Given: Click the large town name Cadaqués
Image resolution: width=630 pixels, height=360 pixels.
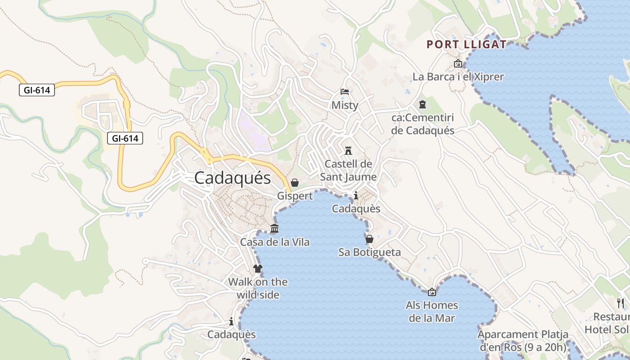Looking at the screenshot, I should [233, 178].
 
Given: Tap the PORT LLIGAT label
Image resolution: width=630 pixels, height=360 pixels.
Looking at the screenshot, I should [467, 45].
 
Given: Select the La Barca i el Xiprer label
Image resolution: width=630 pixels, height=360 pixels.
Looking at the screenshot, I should [458, 76].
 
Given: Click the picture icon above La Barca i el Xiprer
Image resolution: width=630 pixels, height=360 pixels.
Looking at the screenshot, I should [458, 64].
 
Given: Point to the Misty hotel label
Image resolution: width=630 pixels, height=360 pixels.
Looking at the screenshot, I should [345, 105].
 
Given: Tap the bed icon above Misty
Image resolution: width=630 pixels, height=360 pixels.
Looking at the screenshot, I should [345, 92].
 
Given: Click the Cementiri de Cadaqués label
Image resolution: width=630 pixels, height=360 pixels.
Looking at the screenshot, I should [423, 124].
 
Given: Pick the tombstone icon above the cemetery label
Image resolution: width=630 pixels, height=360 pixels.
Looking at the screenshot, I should [422, 105].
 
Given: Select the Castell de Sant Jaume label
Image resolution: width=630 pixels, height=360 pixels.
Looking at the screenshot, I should [348, 170].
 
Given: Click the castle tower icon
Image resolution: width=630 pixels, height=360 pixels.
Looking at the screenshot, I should [348, 150].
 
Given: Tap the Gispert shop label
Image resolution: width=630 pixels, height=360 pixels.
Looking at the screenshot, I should [295, 196].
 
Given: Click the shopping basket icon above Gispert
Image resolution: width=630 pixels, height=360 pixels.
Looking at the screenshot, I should [295, 183].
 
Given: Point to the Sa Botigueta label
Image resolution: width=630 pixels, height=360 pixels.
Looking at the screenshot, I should [369, 252].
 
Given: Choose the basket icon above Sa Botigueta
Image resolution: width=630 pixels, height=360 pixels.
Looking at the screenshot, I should [369, 239].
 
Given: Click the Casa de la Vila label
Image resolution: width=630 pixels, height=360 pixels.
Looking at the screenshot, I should [274, 242].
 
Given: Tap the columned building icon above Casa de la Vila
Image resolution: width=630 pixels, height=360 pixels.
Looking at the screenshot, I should [274, 229].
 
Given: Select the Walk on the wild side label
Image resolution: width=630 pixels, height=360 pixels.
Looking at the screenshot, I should [258, 288].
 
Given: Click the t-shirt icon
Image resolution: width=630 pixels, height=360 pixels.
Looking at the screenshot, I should [258, 269].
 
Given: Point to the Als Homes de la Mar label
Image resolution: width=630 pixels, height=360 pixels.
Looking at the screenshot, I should [432, 311].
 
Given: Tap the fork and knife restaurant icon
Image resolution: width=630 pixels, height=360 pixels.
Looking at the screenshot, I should [621, 303].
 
